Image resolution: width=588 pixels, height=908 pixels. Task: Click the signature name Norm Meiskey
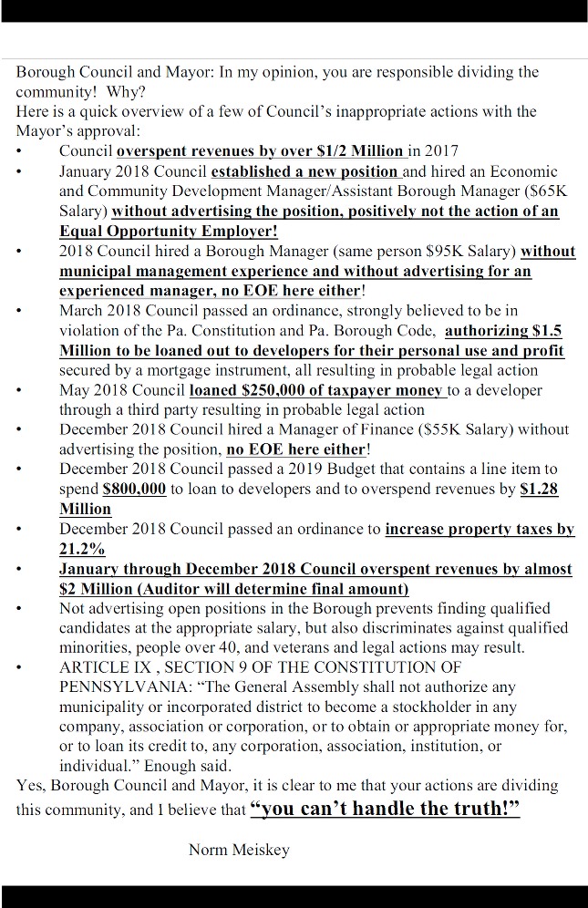point(238,850)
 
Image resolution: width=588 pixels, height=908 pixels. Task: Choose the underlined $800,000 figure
point(135,490)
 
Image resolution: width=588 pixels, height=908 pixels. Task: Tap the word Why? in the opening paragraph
point(126,92)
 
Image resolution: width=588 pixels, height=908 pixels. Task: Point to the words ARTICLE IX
point(99,668)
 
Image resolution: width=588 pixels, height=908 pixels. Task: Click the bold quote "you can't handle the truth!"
point(385,809)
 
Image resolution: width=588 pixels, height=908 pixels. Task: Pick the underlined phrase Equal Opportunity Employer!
point(169,232)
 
